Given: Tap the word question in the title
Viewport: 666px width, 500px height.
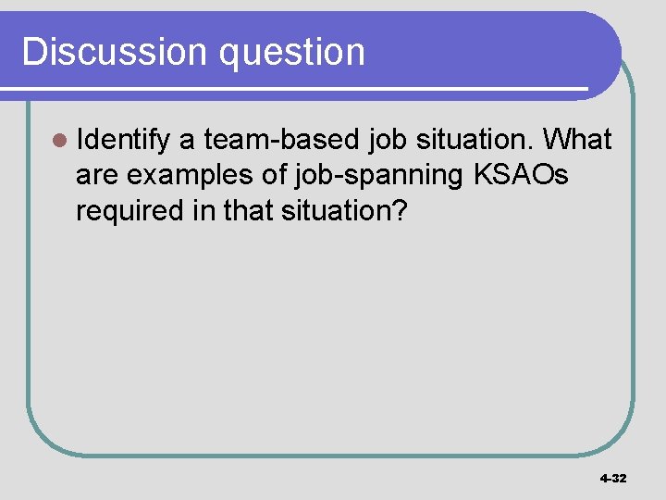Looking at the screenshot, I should [x=292, y=54].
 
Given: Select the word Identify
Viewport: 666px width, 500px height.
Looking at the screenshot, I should [x=124, y=141].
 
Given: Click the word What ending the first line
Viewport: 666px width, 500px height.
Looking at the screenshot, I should [x=577, y=140].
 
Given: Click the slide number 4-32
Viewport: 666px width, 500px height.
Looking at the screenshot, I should [x=613, y=479].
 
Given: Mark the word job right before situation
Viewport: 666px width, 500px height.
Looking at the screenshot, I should [x=388, y=141].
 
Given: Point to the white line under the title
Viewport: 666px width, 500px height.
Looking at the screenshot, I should [x=296, y=89].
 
